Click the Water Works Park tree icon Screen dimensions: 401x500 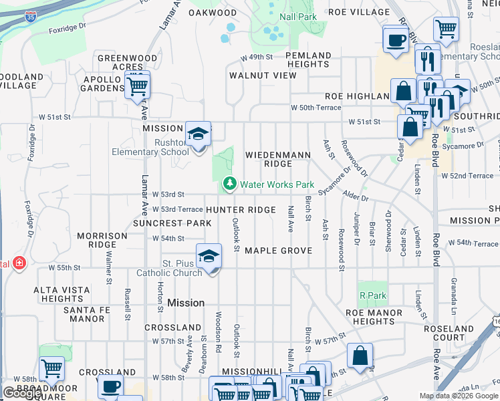[230, 183]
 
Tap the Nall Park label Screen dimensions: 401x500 [299, 16]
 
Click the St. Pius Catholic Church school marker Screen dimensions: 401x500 [209, 257]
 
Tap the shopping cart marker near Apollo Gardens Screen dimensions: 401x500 [136, 86]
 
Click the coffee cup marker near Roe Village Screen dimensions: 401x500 [395, 39]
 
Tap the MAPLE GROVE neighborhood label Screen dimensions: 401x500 [278, 251]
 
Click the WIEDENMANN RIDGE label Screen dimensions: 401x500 [278, 159]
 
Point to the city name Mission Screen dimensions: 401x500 [186, 303]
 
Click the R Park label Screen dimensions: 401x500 [372, 295]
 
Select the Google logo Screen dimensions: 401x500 [22, 392]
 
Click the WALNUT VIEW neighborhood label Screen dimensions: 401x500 [263, 76]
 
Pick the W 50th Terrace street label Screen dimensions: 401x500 [316, 108]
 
